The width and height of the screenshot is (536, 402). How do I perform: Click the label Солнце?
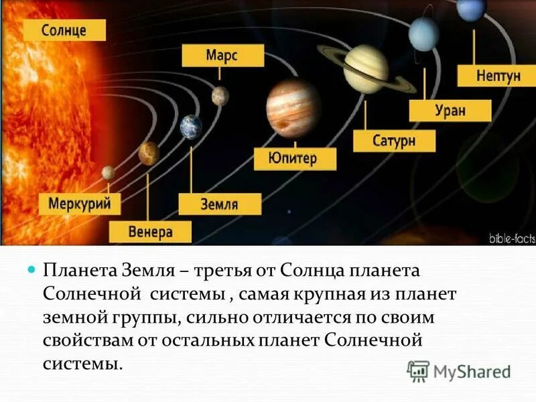click(64, 30)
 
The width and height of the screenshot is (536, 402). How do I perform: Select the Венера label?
click(151, 232)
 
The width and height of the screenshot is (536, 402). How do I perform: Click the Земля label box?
click(219, 204)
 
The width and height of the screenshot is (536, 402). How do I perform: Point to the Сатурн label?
click(394, 140)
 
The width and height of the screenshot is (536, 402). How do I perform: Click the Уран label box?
click(450, 110)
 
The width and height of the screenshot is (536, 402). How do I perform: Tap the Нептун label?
click(498, 75)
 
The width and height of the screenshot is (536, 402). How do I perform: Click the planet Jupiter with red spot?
click(293, 107)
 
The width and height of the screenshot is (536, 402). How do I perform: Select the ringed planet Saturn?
click(365, 68)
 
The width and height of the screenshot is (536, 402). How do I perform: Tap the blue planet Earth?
click(191, 127)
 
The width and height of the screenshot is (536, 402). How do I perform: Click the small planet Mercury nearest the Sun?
click(108, 173)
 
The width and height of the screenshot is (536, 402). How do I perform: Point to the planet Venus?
click(149, 153)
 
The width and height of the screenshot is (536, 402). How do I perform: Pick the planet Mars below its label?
click(220, 96)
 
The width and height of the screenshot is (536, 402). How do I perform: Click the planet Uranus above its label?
click(423, 33)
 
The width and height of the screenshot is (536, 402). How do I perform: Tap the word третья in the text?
click(223, 271)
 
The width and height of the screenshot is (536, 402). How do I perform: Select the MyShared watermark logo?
click(459, 371)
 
